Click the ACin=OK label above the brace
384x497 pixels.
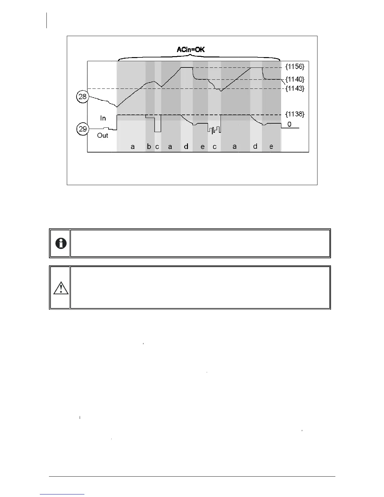(191, 49)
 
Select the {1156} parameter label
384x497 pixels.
(295, 67)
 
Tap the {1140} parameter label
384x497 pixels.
(295, 79)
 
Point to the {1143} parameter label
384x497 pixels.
(295, 88)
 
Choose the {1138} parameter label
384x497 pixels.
(295, 114)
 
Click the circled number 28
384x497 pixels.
(83, 97)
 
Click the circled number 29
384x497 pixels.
(83, 129)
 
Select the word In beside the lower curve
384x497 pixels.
(103, 118)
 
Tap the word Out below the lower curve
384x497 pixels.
(103, 136)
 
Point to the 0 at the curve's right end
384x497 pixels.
(289, 125)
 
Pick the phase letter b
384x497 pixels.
(149, 147)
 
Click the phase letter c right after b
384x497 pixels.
(157, 147)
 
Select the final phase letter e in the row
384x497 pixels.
(271, 147)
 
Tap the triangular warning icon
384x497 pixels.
(61, 288)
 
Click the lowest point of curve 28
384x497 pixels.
(117, 107)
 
